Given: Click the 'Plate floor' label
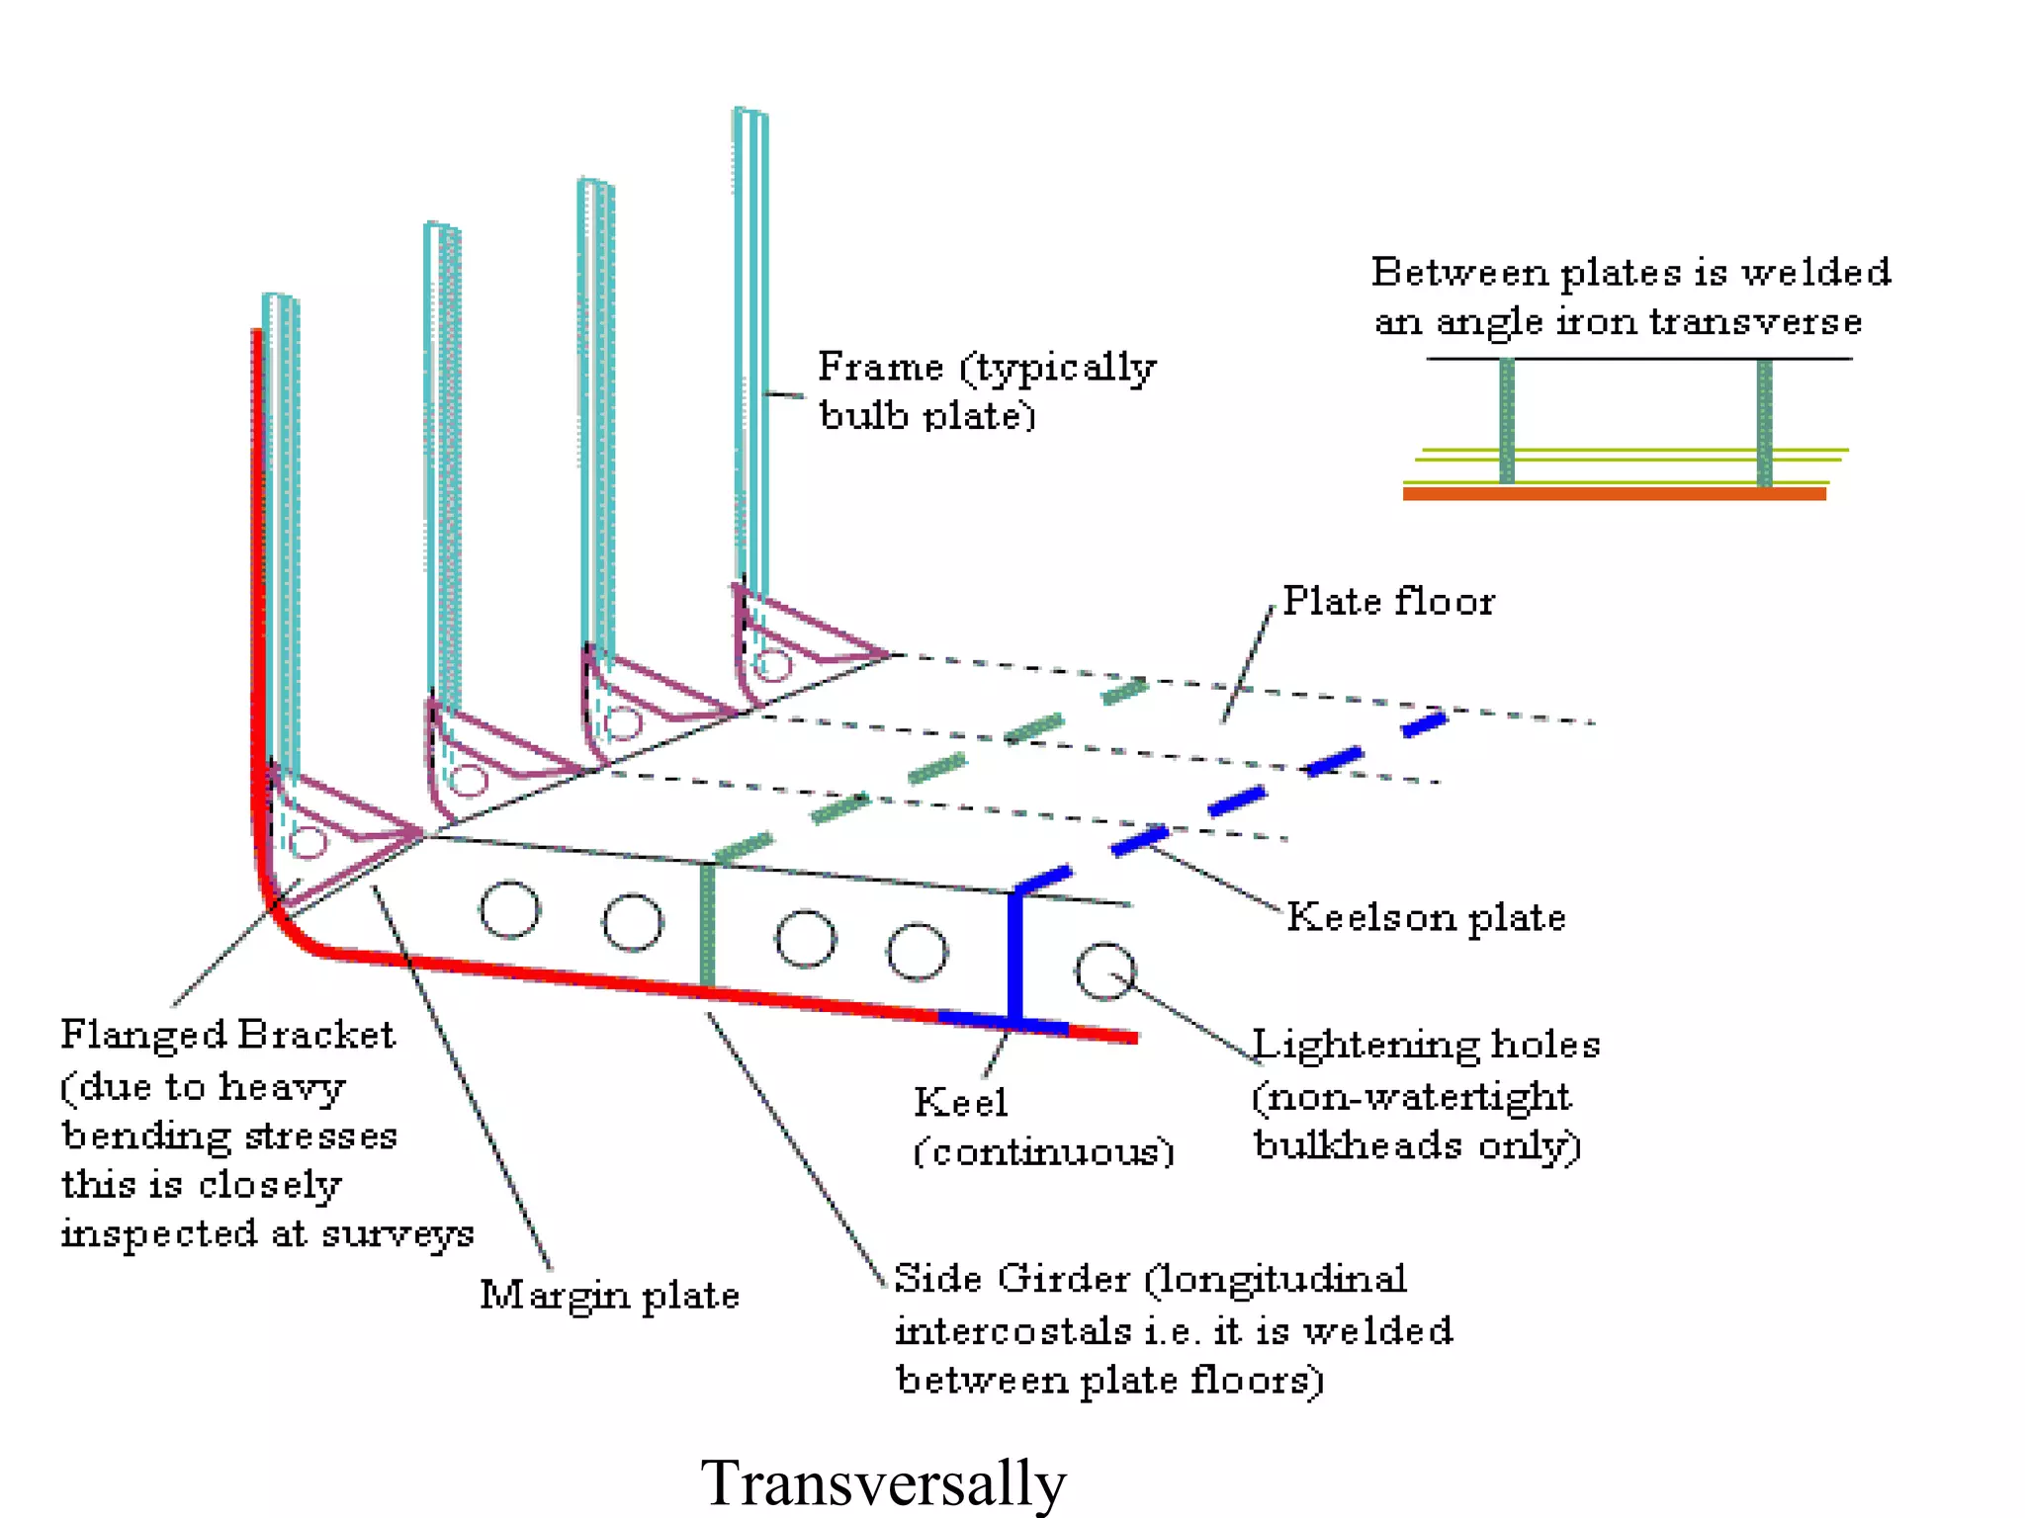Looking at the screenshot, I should [1388, 601].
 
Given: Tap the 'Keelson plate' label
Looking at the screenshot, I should [1426, 917].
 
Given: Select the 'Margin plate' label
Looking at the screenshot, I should [609, 1295].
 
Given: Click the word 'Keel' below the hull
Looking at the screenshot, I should [960, 1102].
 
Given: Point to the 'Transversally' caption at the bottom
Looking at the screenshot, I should [883, 1482].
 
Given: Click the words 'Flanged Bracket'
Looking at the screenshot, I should [227, 1035].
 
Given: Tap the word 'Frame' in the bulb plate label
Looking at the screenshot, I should [880, 367].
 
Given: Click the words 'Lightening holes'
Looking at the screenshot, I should [1426, 1045].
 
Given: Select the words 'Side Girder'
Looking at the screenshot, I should [1011, 1278].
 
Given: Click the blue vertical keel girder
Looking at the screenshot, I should [1014, 954].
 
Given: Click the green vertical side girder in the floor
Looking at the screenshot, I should [707, 924].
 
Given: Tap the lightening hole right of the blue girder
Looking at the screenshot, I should [1104, 971].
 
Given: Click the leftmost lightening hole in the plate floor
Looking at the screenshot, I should [509, 910].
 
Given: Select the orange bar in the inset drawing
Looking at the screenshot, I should [1614, 493].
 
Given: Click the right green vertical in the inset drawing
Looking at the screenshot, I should [1764, 422].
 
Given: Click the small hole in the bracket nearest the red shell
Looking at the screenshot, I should [309, 842].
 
